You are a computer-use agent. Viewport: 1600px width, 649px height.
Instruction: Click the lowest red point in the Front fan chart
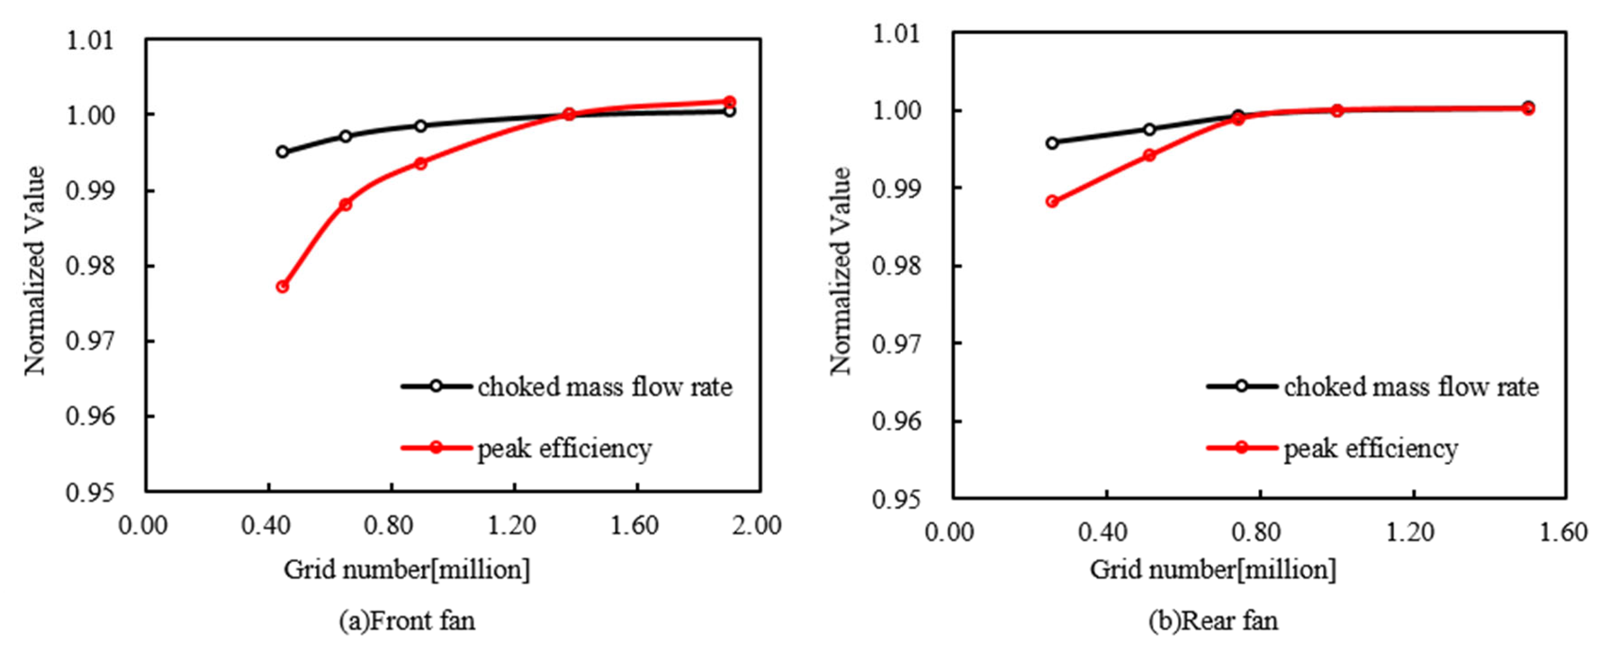(282, 286)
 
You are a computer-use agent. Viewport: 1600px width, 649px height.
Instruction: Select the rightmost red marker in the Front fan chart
(730, 101)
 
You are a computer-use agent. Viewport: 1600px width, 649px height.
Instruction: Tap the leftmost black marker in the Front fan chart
(282, 152)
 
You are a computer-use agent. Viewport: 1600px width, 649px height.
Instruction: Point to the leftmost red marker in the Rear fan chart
(1052, 201)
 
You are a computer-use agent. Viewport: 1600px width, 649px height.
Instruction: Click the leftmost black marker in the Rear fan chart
(1052, 143)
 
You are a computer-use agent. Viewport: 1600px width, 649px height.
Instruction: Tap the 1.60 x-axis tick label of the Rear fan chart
(1563, 532)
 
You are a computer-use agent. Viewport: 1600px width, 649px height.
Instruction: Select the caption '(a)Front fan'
(407, 620)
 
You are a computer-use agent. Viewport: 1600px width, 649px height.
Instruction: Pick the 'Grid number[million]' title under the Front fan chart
(407, 569)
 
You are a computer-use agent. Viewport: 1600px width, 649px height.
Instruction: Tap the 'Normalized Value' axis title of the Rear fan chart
(840, 271)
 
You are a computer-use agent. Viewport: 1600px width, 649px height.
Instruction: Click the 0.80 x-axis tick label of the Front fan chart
(389, 526)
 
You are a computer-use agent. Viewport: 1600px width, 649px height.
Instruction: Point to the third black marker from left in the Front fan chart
(420, 125)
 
